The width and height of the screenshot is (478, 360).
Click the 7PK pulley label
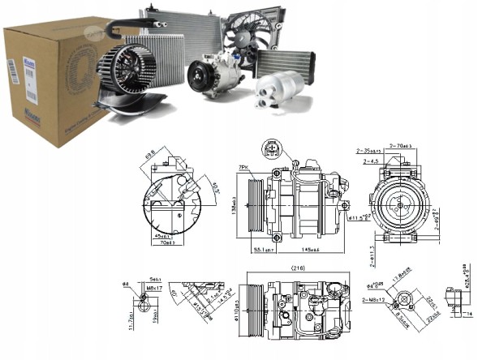point(243,167)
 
